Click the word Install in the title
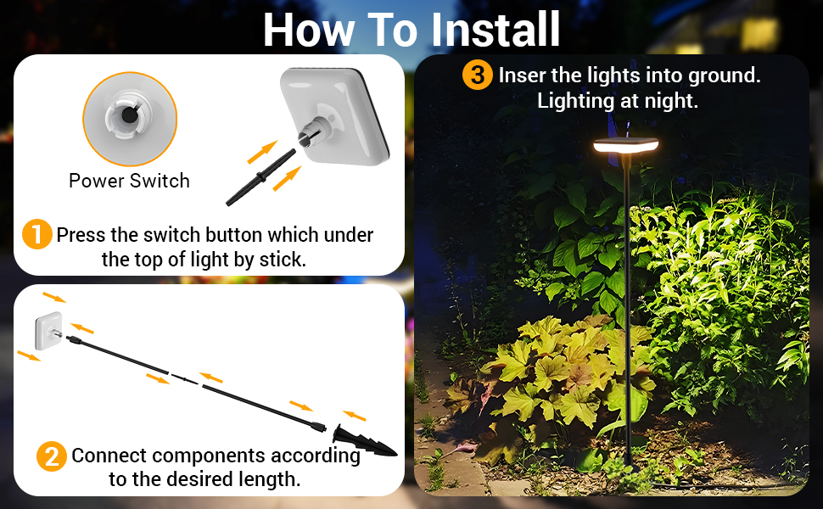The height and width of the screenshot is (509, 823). coord(496,30)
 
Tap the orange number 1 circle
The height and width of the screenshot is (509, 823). coord(36,234)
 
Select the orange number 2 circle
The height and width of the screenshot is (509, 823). coord(52,457)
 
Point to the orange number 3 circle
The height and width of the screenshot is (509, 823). coord(478,75)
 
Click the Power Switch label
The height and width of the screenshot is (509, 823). coord(129,181)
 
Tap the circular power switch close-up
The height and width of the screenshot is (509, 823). coord(129,118)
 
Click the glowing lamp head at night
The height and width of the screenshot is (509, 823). coord(626,146)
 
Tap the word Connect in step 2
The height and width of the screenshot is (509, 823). coord(109,456)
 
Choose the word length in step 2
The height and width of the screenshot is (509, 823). coord(271,479)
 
